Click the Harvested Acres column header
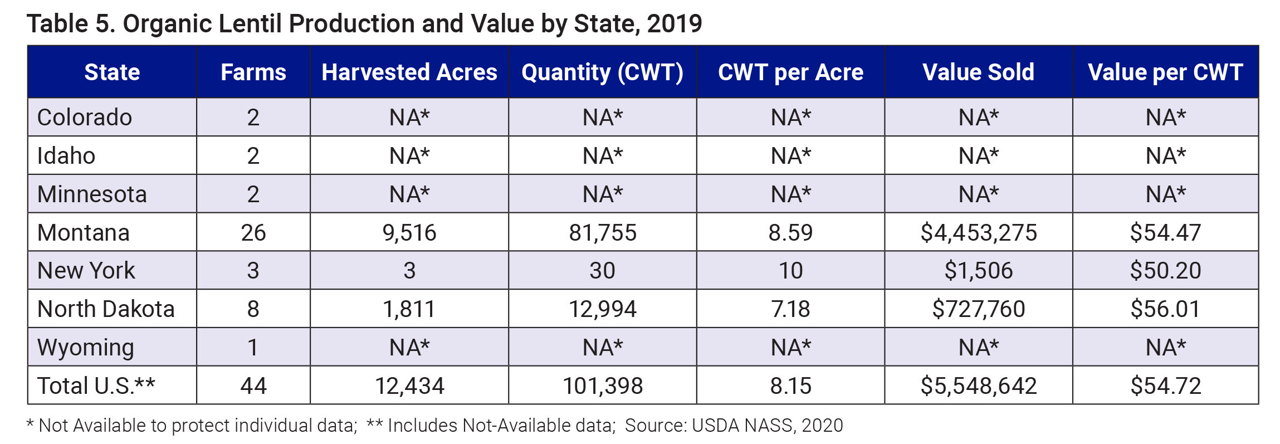tap(409, 72)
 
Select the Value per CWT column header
tap(1165, 72)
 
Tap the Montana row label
tap(84, 232)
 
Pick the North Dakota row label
tap(106, 309)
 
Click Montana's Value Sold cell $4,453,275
tap(979, 232)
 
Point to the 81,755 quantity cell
tap(602, 232)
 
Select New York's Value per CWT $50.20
tap(1165, 271)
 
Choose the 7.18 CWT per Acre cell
tap(790, 309)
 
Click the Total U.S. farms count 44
tap(253, 386)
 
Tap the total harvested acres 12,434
tap(409, 386)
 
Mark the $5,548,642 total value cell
tap(979, 386)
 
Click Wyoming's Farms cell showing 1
tap(253, 347)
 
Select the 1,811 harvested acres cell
tap(409, 309)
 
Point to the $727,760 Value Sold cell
tap(979, 309)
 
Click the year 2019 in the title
tap(675, 23)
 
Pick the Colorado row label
tap(85, 118)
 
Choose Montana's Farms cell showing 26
tap(253, 232)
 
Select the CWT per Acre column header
tap(790, 72)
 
